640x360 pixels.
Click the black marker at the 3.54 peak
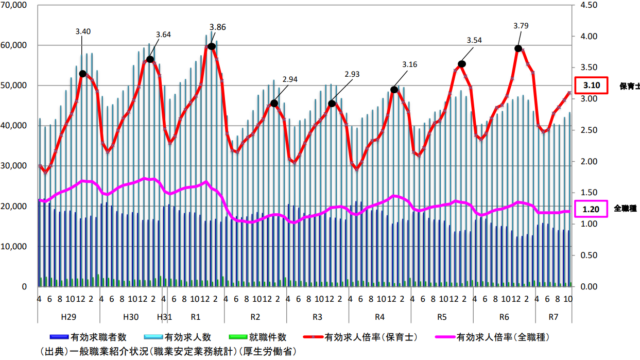462,64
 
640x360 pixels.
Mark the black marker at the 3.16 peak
395,90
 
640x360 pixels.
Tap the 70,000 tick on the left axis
17,5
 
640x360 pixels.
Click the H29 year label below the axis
70,316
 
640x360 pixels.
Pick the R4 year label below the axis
380,316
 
